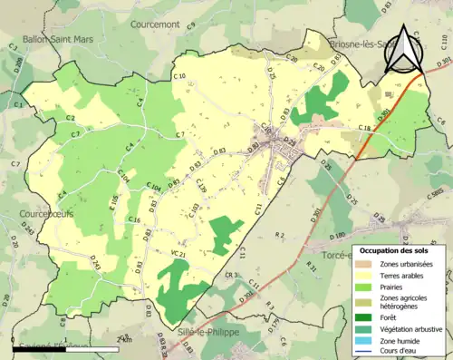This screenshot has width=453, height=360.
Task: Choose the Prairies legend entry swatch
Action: point(364,287)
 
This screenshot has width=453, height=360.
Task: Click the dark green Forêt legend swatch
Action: point(364,316)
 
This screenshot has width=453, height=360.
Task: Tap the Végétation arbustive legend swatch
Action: point(364,328)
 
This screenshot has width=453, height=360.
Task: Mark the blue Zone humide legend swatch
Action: point(364,340)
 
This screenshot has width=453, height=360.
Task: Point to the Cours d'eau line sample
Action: point(364,351)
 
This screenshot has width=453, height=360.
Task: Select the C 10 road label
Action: point(178,77)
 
